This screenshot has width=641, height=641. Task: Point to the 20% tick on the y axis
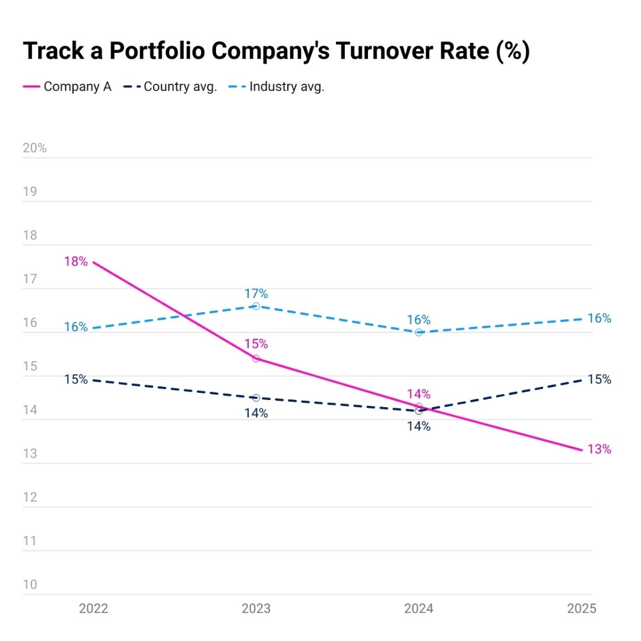click(x=34, y=148)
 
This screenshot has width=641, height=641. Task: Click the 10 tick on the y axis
click(x=30, y=585)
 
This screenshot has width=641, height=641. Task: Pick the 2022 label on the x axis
click(x=93, y=609)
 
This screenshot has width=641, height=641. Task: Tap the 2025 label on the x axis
click(x=581, y=609)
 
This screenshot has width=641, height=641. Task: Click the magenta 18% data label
click(x=76, y=261)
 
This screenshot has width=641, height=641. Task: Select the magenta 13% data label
click(x=599, y=449)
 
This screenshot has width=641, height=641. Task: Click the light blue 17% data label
click(x=256, y=294)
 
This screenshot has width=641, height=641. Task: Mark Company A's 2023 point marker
click(x=256, y=358)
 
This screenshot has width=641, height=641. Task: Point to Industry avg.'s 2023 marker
click(x=256, y=306)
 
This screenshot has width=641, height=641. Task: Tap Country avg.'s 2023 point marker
click(x=256, y=398)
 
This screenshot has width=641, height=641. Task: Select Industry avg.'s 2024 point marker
click(x=419, y=332)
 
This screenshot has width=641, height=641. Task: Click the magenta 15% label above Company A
click(x=256, y=344)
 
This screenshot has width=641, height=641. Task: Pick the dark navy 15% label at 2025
click(x=599, y=379)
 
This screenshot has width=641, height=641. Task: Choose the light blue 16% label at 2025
click(x=599, y=319)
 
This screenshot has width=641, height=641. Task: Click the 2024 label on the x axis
click(x=419, y=609)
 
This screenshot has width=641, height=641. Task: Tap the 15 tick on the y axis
click(x=30, y=366)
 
